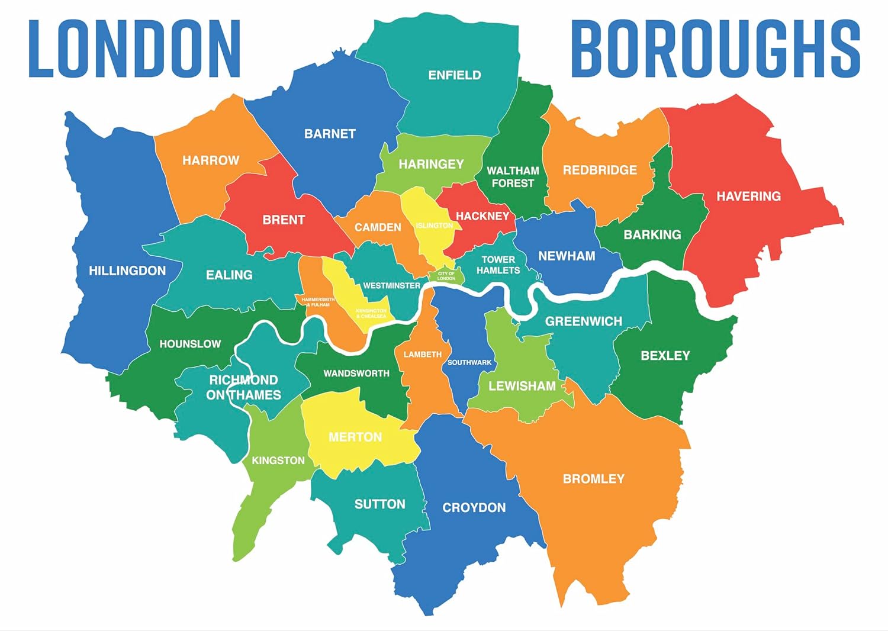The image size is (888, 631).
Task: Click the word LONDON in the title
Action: (134, 49)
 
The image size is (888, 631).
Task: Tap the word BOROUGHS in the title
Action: (715, 49)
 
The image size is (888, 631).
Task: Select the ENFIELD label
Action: (455, 75)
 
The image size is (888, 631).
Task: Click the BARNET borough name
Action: (330, 134)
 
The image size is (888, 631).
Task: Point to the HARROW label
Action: (211, 160)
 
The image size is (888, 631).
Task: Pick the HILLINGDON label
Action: (127, 271)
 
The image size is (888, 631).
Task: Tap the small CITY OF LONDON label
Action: (446, 276)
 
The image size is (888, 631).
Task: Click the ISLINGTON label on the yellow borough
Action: (434, 226)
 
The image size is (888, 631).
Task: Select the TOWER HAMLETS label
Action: (498, 265)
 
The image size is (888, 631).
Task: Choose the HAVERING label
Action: (748, 196)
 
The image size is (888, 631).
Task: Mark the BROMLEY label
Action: (593, 478)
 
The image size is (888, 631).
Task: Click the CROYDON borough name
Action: (474, 507)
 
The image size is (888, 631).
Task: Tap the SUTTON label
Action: (380, 504)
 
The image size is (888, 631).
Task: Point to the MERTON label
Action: (355, 437)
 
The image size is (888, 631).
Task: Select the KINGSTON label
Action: (278, 461)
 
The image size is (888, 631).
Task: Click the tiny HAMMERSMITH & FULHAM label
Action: (318, 302)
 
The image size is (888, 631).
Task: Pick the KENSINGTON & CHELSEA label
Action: (371, 313)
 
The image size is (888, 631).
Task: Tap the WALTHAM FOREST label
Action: (513, 177)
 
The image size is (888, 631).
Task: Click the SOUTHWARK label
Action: (469, 362)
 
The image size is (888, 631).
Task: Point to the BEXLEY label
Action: (665, 355)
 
